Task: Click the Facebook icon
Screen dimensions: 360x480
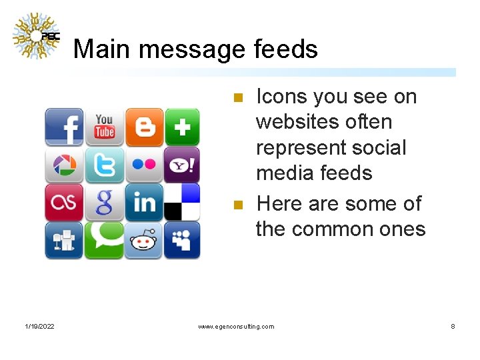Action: point(64,127)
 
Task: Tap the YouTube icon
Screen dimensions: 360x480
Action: point(104,126)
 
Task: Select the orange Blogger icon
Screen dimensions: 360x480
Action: point(144,127)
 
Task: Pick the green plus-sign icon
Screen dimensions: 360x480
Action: point(183,127)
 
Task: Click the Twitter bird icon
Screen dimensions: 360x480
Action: point(104,165)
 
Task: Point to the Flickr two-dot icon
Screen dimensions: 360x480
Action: point(144,165)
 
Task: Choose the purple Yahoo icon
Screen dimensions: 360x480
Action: point(183,165)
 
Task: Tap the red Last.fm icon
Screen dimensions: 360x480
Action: point(64,202)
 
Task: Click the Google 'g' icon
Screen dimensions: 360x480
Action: point(104,202)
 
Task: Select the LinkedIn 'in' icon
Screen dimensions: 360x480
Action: point(144,202)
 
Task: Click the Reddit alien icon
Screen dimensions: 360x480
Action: point(144,240)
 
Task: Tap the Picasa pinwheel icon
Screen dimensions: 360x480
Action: point(64,165)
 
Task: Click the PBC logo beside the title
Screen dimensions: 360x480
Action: point(37,36)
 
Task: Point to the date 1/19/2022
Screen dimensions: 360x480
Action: point(40,326)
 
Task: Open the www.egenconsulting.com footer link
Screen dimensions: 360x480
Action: point(236,326)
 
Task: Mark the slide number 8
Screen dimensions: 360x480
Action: point(453,326)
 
